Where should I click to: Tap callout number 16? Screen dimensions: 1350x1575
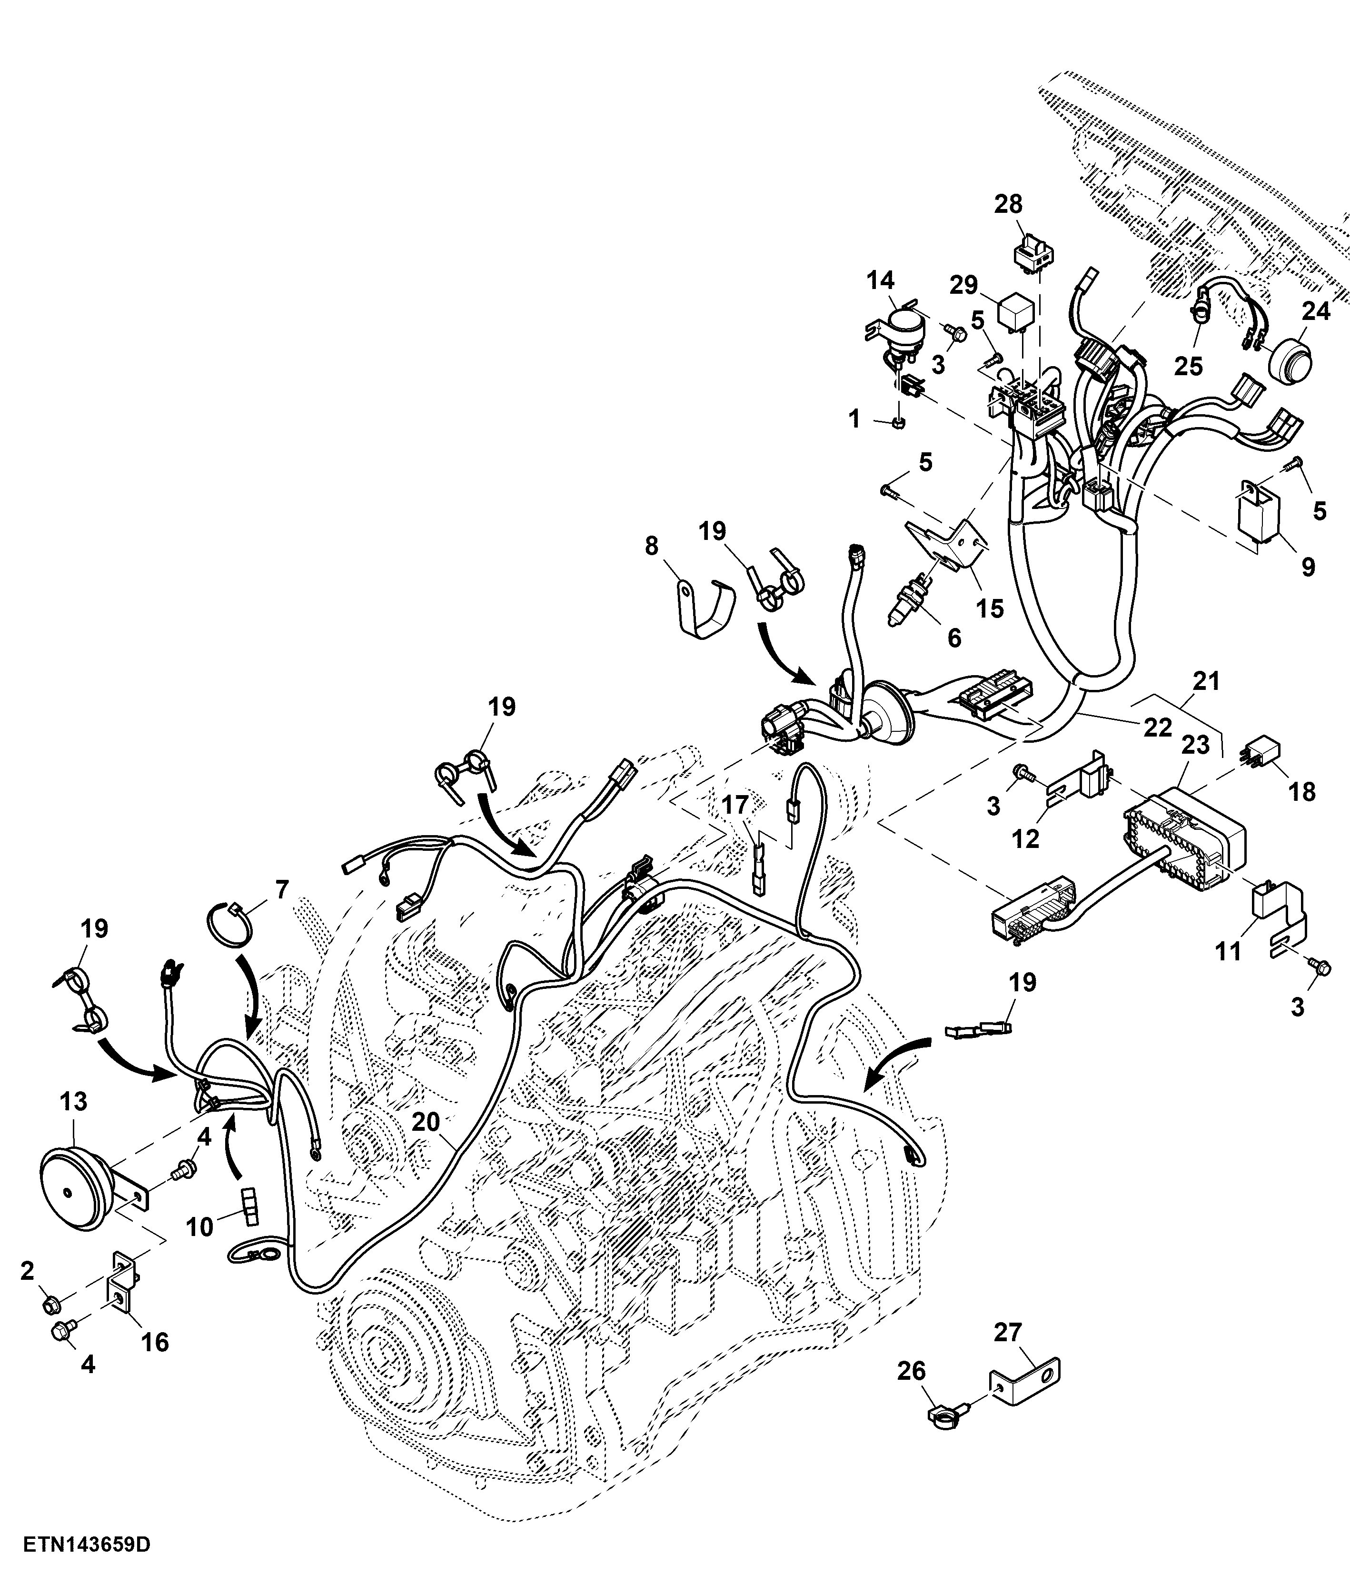[x=155, y=1342]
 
